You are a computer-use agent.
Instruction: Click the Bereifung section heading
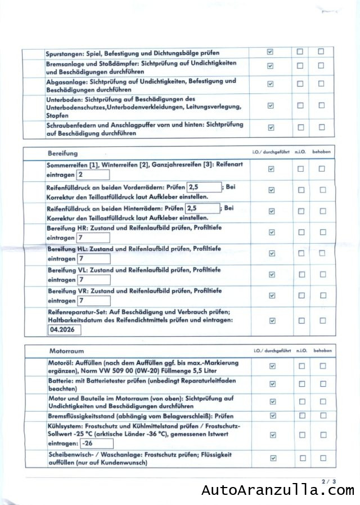pos(63,153)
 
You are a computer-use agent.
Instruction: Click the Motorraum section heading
pos(66,351)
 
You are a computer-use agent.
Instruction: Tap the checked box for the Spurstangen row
pos(270,52)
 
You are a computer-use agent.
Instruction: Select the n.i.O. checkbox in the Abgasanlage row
pos(300,84)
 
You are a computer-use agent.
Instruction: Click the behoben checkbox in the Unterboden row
pos(321,105)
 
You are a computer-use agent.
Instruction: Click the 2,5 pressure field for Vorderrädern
pos(203,186)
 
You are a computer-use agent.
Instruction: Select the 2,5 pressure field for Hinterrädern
pos(202,208)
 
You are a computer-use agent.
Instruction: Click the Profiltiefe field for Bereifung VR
pos(93,301)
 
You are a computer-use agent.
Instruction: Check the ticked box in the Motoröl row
pos(272,366)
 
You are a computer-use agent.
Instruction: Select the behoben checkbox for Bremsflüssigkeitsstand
pos(323,415)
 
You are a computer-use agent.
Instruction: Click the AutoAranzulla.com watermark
pos(278,491)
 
